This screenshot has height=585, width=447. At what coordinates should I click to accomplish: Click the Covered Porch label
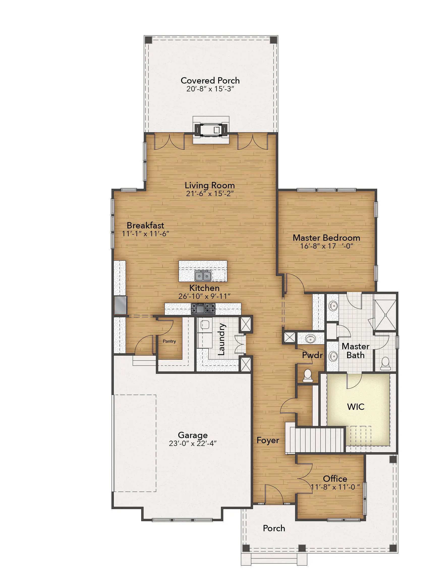click(210, 80)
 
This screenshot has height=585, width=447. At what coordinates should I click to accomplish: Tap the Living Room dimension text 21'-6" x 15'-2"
click(210, 194)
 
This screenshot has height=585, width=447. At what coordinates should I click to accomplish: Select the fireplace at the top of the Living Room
click(211, 130)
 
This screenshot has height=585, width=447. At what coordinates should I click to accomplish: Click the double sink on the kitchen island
click(203, 276)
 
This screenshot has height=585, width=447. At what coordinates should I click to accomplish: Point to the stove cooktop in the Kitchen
click(203, 309)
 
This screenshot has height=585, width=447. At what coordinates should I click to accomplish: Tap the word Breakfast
click(145, 225)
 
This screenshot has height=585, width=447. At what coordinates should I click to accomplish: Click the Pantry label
click(169, 341)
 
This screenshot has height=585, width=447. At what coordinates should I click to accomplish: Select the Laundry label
click(221, 339)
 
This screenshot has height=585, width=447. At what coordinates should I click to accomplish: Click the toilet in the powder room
click(308, 376)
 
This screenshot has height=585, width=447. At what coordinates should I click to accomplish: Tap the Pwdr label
click(312, 355)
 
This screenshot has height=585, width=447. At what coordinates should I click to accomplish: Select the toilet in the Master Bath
click(385, 364)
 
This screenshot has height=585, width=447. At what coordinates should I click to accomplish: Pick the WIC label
click(356, 407)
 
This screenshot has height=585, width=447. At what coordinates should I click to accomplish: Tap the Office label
click(335, 479)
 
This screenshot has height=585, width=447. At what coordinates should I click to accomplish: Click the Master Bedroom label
click(326, 238)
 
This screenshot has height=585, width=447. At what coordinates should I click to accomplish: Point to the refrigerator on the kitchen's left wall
click(121, 306)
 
